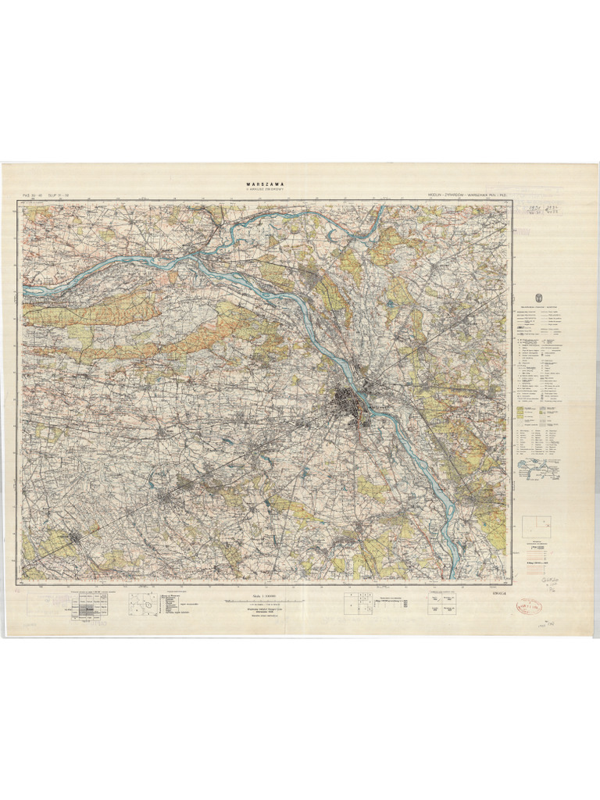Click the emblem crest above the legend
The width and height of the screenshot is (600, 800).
(536, 298)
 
